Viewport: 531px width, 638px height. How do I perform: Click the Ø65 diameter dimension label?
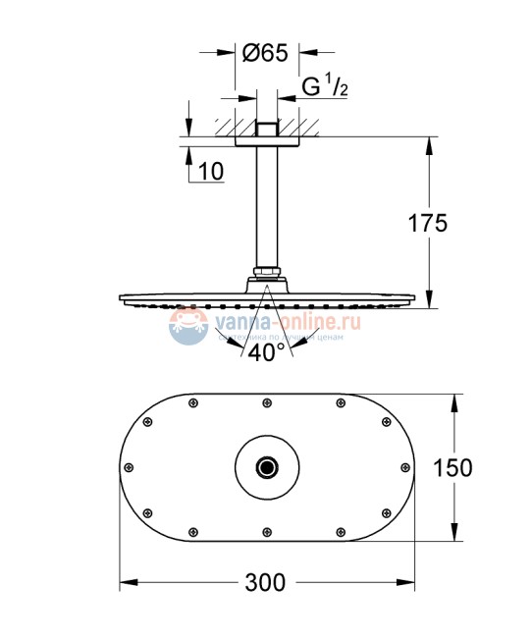(x=264, y=54)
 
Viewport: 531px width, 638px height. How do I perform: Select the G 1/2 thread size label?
(x=325, y=87)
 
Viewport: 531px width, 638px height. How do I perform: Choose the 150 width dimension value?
(x=480, y=467)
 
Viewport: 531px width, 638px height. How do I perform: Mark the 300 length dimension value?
(x=265, y=582)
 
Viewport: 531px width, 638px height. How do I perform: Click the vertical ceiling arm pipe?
(x=265, y=201)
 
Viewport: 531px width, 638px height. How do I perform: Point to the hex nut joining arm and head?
(x=265, y=272)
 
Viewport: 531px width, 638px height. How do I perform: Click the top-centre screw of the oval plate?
(x=265, y=401)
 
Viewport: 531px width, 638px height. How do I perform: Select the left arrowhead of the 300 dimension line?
(x=125, y=582)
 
